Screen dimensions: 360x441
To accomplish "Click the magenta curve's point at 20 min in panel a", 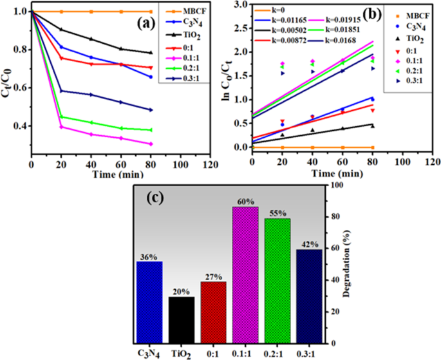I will click(x=62, y=127).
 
